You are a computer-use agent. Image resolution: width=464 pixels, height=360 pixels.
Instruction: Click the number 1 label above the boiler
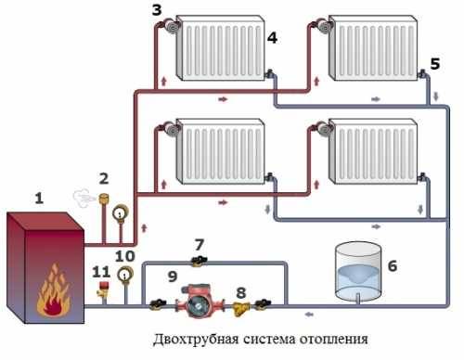pos(39,198)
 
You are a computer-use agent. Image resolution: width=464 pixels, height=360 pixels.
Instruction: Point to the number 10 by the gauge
pos(125,255)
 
